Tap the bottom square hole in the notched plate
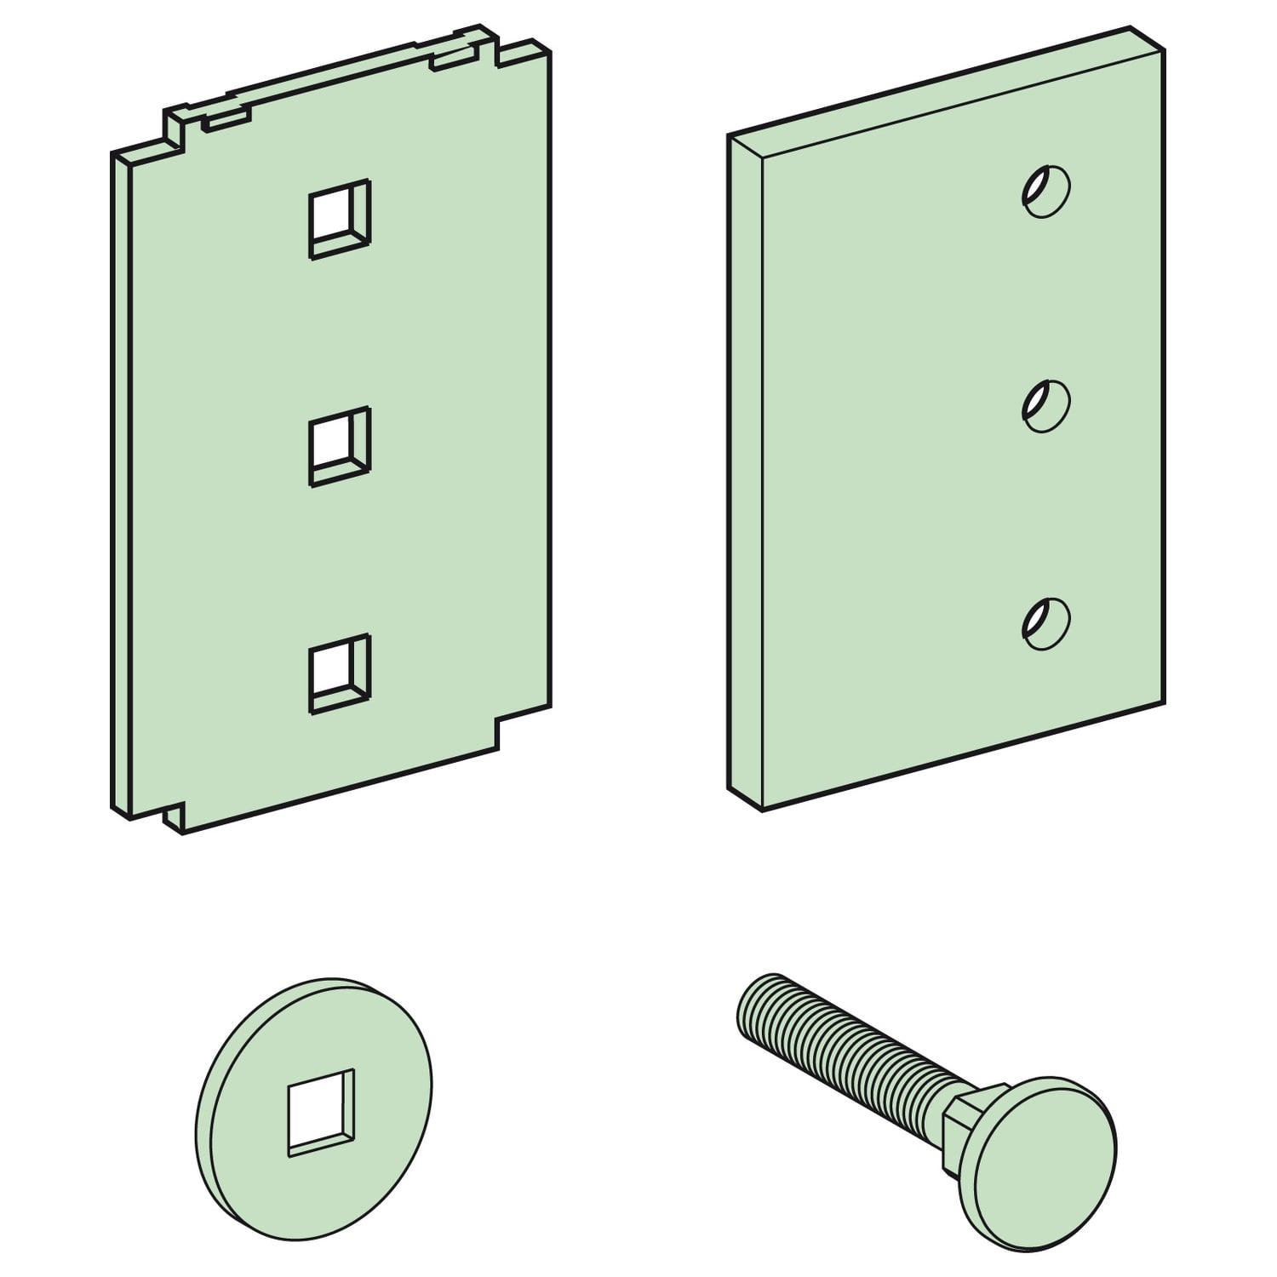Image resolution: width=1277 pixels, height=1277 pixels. point(340,673)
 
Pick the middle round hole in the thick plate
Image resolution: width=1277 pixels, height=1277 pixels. point(1045,405)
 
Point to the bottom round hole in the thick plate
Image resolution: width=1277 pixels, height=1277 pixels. point(1045,623)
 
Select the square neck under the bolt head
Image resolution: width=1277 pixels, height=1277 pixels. point(966,1106)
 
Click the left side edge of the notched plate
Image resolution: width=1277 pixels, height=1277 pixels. point(121,485)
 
